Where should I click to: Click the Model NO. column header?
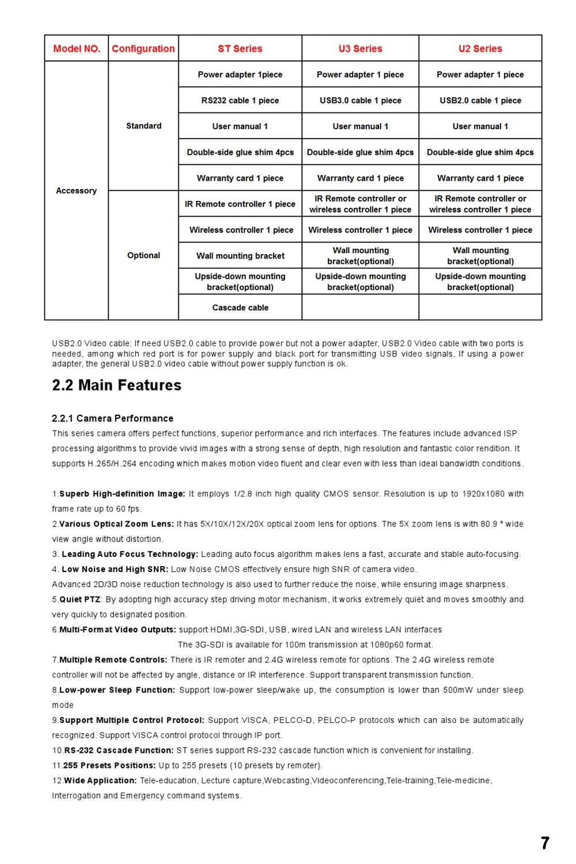[77, 49]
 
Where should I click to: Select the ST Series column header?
[240, 49]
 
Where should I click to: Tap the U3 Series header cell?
[360, 49]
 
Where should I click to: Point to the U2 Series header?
[480, 49]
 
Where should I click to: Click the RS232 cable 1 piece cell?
[240, 100]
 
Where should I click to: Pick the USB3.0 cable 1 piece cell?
[360, 100]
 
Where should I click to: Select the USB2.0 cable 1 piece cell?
[480, 100]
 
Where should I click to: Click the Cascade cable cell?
[240, 308]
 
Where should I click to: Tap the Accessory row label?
[76, 191]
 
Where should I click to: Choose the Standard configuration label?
[143, 126]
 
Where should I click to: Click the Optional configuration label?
[143, 255]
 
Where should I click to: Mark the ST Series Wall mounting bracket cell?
[240, 256]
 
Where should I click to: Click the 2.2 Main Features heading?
[116, 385]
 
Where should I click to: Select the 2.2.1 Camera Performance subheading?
[112, 418]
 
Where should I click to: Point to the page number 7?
[545, 843]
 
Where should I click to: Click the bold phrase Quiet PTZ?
[79, 600]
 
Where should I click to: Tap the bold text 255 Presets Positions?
[109, 766]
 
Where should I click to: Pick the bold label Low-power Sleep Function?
[117, 690]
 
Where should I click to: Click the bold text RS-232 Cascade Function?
[119, 751]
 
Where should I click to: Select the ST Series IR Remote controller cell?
[240, 204]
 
